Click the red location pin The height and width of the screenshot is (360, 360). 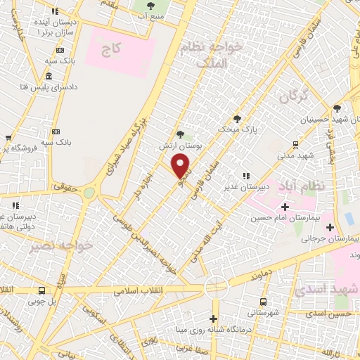[181, 166]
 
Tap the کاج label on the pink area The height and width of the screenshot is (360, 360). [112, 51]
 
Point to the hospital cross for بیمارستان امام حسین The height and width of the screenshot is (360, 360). [285, 207]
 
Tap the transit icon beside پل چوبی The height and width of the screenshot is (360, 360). [41, 290]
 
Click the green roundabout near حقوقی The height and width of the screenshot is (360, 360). [89, 192]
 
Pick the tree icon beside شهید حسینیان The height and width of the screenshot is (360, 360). [337, 108]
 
